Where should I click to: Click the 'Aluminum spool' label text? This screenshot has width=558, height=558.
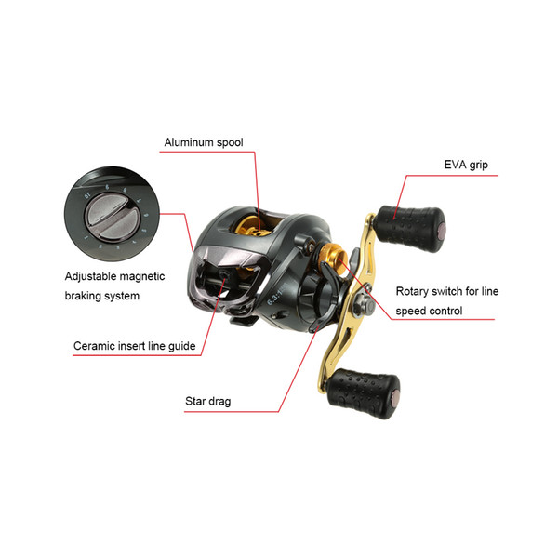click(204, 142)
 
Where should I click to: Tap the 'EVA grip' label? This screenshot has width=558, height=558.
click(466, 166)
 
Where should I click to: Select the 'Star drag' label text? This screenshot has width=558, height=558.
click(207, 402)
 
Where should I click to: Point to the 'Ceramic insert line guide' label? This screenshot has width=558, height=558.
click(135, 346)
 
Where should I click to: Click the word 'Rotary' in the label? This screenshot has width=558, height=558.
click(412, 292)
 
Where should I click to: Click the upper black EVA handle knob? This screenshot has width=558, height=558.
click(410, 228)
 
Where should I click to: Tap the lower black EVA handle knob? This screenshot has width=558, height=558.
click(363, 393)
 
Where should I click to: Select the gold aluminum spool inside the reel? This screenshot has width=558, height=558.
click(252, 227)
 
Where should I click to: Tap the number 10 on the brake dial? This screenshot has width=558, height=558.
click(87, 195)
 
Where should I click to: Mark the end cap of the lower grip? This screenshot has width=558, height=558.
click(395, 396)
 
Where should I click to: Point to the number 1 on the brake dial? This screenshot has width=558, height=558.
click(86, 237)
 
